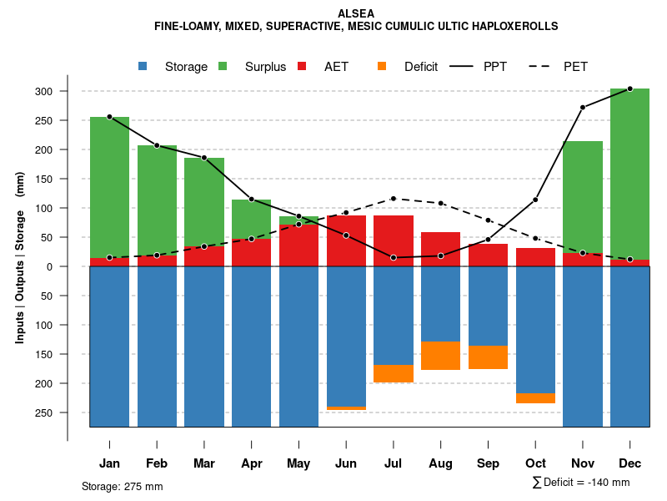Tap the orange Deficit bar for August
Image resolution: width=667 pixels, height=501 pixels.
[x=440, y=356]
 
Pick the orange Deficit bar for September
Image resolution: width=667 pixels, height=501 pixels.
[x=488, y=357]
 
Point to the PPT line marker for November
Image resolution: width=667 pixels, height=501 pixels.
[x=583, y=107]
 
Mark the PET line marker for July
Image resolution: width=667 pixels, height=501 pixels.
[x=394, y=199]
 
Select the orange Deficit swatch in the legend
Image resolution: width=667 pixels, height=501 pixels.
[x=383, y=67]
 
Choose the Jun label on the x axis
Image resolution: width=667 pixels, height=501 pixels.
[x=346, y=463]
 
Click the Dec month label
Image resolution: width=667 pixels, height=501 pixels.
[x=629, y=463]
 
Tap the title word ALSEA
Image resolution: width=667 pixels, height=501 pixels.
[x=356, y=13]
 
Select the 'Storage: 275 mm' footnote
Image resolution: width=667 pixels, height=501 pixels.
[x=122, y=486]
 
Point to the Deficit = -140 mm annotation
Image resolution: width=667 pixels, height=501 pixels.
[x=581, y=483]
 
